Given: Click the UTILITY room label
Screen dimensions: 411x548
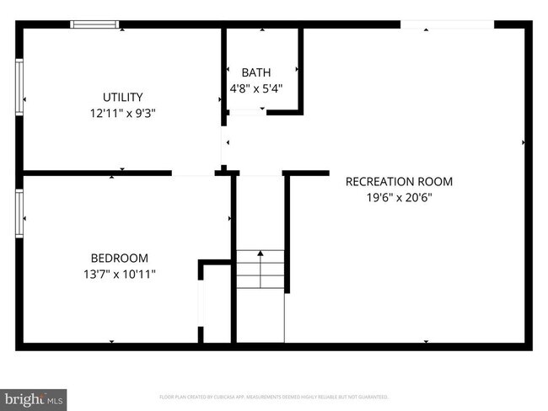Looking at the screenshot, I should point(123,97).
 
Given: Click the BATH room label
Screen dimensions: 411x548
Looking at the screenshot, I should point(256,72).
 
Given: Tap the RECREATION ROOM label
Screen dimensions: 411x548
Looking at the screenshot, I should point(399,181).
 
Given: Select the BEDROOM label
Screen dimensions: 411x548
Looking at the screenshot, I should point(120,258).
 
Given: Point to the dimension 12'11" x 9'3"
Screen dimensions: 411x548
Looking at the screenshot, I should point(123,113).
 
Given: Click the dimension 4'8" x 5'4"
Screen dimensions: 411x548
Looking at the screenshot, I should point(256,88).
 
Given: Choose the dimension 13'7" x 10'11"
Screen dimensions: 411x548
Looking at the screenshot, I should point(120,274).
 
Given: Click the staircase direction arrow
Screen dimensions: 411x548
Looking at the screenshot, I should point(261,253).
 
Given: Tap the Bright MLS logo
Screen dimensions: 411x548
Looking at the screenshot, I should point(34,398).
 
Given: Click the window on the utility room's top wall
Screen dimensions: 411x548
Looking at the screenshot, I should point(95,24).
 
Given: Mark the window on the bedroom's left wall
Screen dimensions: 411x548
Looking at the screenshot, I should point(19,212).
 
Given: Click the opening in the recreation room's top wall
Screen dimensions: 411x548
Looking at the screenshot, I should point(447,24).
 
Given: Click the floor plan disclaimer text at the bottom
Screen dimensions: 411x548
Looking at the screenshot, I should point(274,397).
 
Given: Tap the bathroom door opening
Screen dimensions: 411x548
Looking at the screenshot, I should point(247,111).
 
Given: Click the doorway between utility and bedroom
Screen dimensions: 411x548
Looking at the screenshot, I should point(193,173).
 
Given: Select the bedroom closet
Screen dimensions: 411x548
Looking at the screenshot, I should point(217,303).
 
